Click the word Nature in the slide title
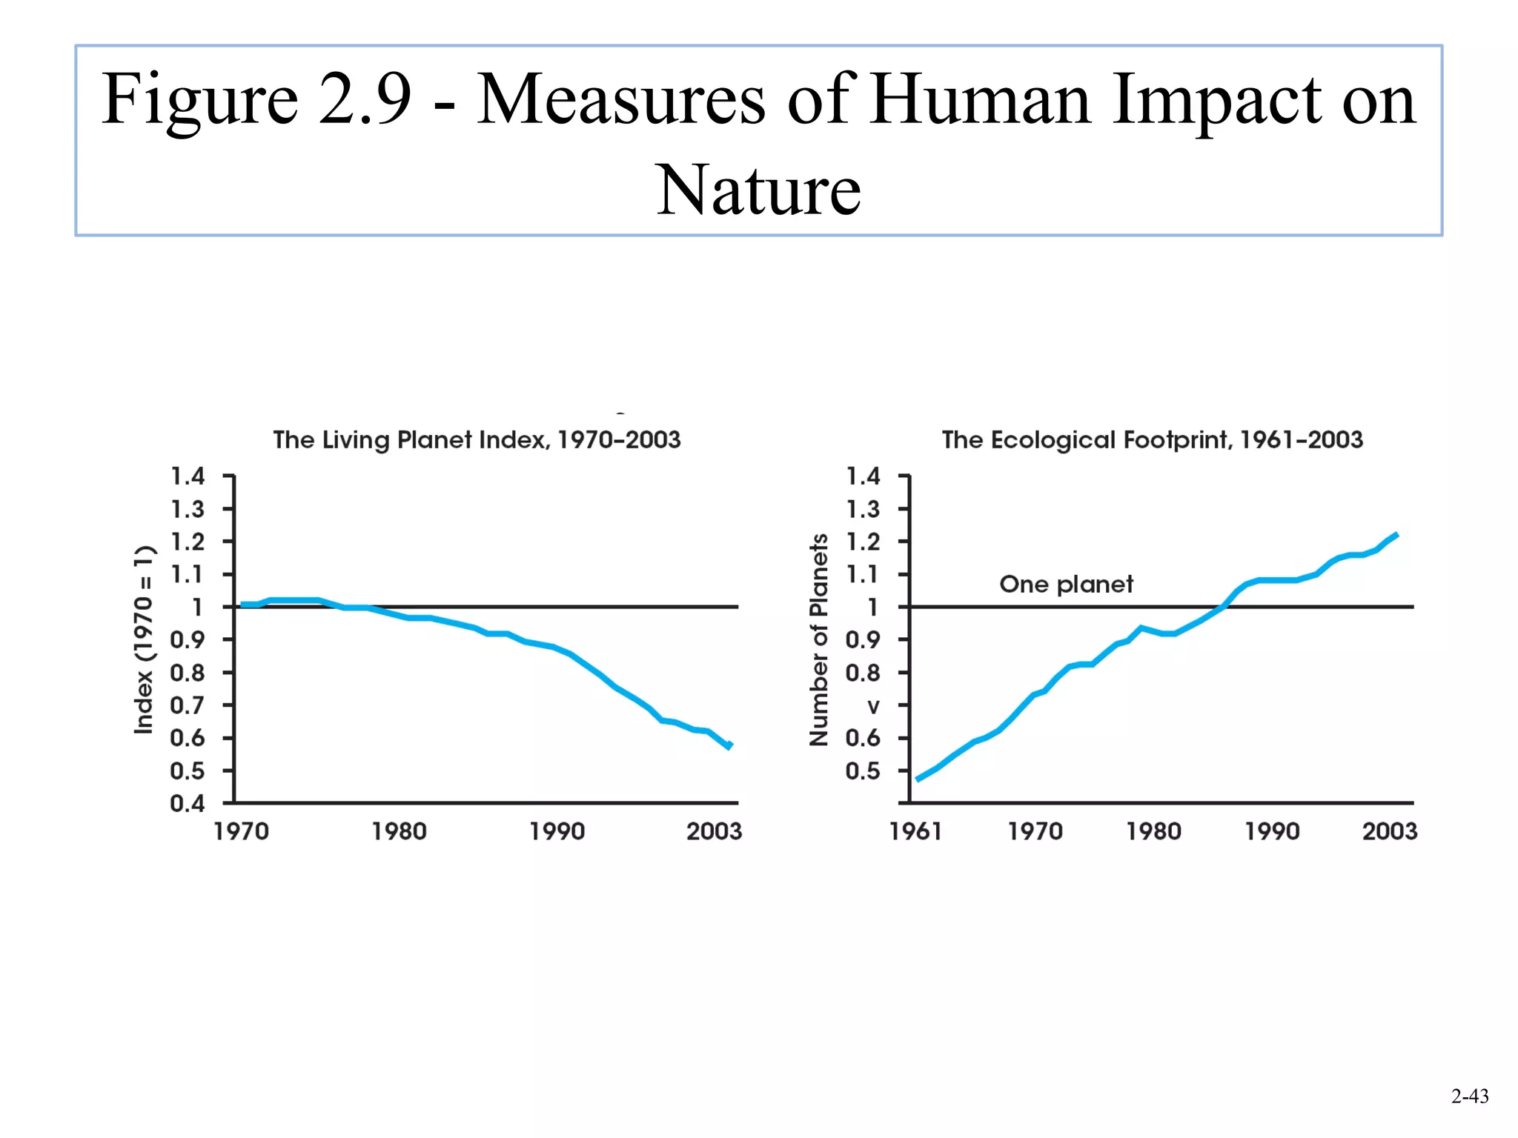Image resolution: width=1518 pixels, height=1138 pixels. pos(758,191)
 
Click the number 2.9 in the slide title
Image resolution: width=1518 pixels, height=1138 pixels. pos(365,99)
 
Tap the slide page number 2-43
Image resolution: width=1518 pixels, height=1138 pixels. pos(1469,1096)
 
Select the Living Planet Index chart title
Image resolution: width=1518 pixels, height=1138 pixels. pos(477,440)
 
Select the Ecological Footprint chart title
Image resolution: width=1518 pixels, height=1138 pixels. pos(1152,440)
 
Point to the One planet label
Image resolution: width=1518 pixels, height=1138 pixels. pos(1066,585)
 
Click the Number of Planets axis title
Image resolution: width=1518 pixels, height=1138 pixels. pos(818,640)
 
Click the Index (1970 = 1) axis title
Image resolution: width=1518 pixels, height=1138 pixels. pos(144,640)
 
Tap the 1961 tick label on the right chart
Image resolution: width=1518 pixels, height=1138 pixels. pos(915,831)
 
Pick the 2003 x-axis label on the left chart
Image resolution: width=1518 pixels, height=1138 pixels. pos(714,831)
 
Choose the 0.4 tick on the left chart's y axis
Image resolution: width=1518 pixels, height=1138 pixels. pos(187,804)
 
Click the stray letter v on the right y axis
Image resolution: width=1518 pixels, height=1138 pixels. pos(874,707)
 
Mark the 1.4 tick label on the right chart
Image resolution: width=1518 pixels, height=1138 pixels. pos(864,476)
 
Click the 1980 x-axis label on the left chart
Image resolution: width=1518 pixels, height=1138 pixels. pos(399,831)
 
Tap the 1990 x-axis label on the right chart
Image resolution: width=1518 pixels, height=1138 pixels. pos(1272,831)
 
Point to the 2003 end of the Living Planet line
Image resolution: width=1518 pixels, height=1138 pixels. pos(730,745)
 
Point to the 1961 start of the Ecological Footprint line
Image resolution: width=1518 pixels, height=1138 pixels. pos(919,779)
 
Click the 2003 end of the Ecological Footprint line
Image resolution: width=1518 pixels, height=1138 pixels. pos(1396,535)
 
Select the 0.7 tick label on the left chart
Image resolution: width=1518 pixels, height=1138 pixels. pos(187,705)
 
